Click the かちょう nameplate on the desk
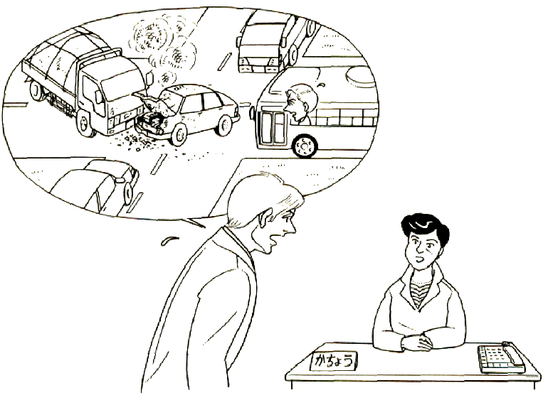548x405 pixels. click(334, 361)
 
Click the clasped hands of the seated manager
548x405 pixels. click(418, 342)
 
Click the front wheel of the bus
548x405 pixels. click(305, 146)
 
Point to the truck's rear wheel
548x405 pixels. click(36, 90)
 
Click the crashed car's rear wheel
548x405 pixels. click(225, 124)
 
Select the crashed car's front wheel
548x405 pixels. click(179, 135)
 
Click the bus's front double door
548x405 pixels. click(274, 128)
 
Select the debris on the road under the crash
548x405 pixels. click(139, 142)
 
